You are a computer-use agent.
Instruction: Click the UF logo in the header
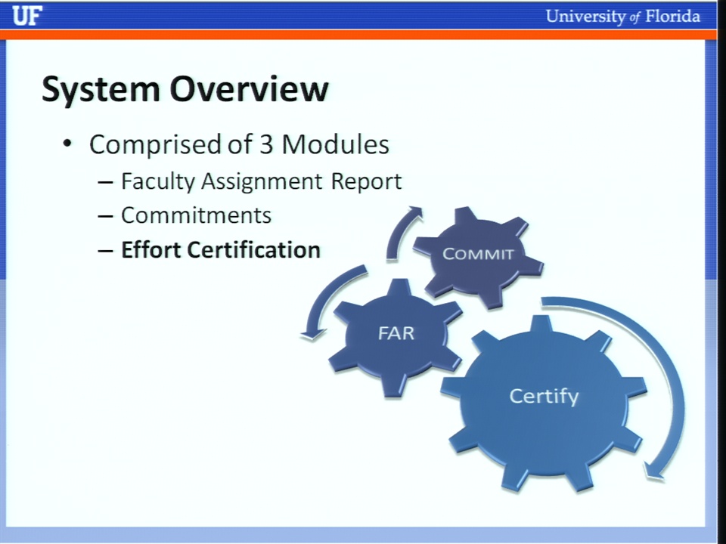pyautogui.click(x=27, y=16)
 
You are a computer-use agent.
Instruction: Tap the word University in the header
pyautogui.click(x=585, y=17)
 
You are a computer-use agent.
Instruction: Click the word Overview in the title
pyautogui.click(x=250, y=88)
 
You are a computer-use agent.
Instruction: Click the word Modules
pyautogui.click(x=335, y=144)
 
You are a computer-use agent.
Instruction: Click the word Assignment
pyautogui.click(x=262, y=181)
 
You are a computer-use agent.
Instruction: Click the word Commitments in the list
pyautogui.click(x=197, y=215)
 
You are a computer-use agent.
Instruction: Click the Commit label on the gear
pyautogui.click(x=478, y=254)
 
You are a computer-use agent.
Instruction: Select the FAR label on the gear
pyautogui.click(x=396, y=333)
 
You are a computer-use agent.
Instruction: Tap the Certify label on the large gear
pyautogui.click(x=544, y=397)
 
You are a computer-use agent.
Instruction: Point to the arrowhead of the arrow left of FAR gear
pyautogui.click(x=312, y=333)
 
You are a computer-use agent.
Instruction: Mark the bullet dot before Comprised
pyautogui.click(x=67, y=143)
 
